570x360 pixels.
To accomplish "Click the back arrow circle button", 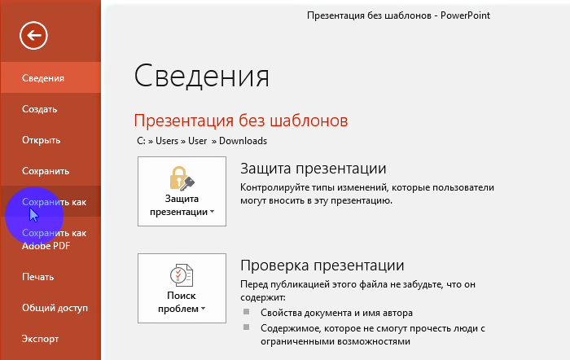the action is pos(33,35).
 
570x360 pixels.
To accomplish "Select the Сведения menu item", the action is pos(43,78).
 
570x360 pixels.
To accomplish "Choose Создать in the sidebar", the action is pos(40,109).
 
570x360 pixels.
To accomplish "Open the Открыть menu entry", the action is pos(41,140).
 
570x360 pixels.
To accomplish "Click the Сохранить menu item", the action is pos(46,171).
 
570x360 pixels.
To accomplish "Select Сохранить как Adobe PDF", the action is pos(55,239).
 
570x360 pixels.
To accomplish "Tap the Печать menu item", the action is pos(37,277).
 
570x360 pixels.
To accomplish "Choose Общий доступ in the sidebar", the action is pos(55,308).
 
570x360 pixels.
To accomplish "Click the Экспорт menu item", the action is pos(40,339).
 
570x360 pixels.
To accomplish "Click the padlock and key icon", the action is pos(182,178).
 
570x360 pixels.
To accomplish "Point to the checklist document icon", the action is pos(182,275).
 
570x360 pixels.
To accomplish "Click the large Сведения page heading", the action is pos(202,76).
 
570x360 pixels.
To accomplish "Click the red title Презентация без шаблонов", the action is pos(241,121).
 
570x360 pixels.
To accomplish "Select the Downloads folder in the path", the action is pos(243,141).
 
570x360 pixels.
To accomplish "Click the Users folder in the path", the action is pos(167,141).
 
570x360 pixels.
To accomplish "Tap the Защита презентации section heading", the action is pos(313,169).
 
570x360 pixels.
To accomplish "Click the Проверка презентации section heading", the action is pos(322,265).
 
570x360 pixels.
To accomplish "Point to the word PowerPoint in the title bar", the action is pos(465,15).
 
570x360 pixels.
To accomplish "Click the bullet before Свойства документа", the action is pos(247,312).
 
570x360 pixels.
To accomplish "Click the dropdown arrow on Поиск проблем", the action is pos(204,309).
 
